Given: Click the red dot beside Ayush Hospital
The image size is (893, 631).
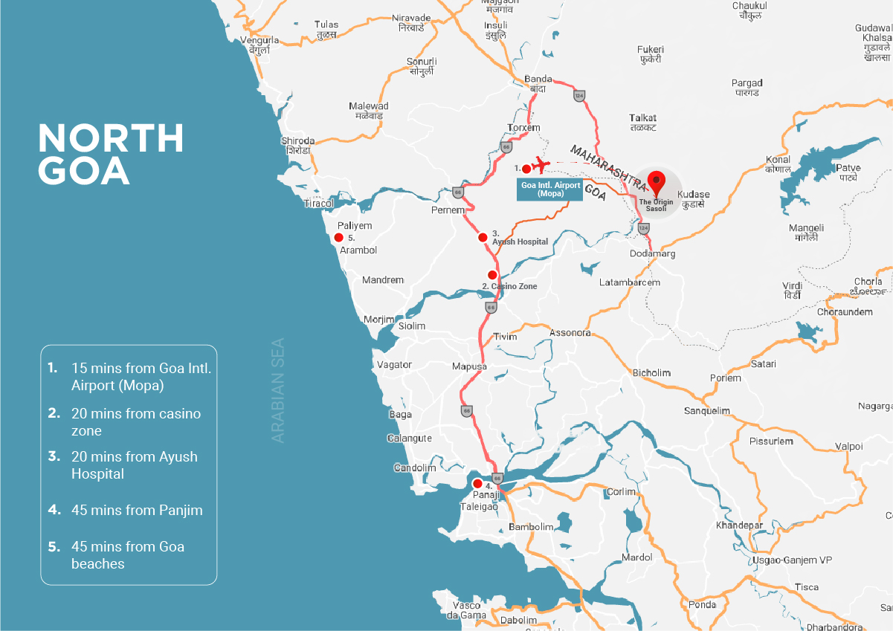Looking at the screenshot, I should pyautogui.click(x=483, y=238).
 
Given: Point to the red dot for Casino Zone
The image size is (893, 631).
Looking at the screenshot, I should pyautogui.click(x=491, y=275).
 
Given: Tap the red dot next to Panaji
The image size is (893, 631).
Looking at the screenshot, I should pyautogui.click(x=477, y=483).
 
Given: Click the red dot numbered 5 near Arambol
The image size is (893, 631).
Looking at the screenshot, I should pyautogui.click(x=338, y=238).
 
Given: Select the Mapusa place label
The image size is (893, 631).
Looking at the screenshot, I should pyautogui.click(x=469, y=366).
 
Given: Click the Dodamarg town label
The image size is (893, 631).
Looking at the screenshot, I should pyautogui.click(x=652, y=254).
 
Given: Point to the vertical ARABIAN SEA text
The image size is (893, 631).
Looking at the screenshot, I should pyautogui.click(x=278, y=390).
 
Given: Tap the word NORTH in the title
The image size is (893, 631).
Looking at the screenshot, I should pyautogui.click(x=111, y=138).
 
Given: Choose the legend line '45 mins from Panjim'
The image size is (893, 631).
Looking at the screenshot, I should pyautogui.click(x=136, y=511).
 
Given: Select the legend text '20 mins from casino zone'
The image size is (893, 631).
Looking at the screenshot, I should pyautogui.click(x=135, y=421).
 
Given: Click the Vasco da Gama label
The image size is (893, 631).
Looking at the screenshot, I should pyautogui.click(x=466, y=610).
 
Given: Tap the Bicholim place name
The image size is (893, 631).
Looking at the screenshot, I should pyautogui.click(x=651, y=372).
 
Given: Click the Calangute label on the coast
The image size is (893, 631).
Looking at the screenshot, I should pyautogui.click(x=409, y=439).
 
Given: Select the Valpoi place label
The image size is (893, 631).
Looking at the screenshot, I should pyautogui.click(x=849, y=446).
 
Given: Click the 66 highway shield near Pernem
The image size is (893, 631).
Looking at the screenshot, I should pyautogui.click(x=457, y=192).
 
